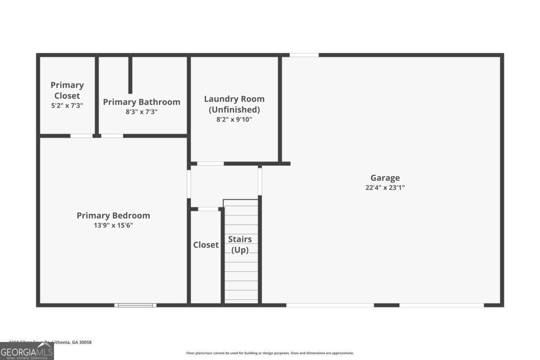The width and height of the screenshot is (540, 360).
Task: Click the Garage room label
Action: pos(385,178)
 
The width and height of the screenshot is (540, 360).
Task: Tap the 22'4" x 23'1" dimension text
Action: pos(385,188)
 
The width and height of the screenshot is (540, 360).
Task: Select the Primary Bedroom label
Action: pos(113,216)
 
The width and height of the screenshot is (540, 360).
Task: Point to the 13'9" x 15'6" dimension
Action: pos(113,225)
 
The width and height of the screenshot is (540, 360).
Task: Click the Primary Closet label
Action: pos(67,90)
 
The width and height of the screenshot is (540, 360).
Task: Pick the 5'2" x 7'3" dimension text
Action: pos(67,105)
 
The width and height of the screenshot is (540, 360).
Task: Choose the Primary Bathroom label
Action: pos(141,102)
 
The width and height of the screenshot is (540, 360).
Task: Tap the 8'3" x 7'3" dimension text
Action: pos(141,112)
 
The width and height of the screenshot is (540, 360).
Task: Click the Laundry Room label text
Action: pos(234,99)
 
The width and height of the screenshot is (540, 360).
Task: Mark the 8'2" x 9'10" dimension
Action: pos(234,119)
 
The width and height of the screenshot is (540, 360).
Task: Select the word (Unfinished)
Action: pos(234,109)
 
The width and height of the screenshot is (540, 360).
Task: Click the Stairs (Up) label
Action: pos(240,244)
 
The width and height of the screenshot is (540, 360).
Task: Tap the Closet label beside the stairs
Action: pos(206,245)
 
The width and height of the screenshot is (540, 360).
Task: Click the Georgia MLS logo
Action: pos(27,351)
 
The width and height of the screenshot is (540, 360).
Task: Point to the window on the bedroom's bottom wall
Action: pos(135,305)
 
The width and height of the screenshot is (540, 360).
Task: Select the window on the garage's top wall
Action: pos(304,55)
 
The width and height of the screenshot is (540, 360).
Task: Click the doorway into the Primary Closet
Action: pos(81,135)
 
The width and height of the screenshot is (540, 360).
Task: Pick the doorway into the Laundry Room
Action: pos(210,163)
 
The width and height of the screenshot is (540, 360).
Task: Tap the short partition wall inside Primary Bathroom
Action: pos(130,75)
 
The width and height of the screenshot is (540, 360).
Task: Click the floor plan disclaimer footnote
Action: pos(270,353)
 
